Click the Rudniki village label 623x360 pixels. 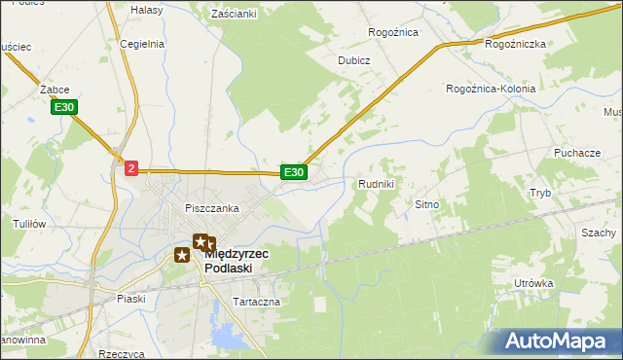376,183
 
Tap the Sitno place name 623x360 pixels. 428,205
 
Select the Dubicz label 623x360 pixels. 354,59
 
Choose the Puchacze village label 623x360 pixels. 576,154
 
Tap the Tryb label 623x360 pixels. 540,193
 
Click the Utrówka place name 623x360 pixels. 534,283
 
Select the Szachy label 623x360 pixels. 599,233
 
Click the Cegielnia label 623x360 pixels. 142,44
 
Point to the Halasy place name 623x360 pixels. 146,9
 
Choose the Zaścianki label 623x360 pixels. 234,14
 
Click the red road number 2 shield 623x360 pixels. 131,168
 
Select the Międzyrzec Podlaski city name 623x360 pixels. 238,260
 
